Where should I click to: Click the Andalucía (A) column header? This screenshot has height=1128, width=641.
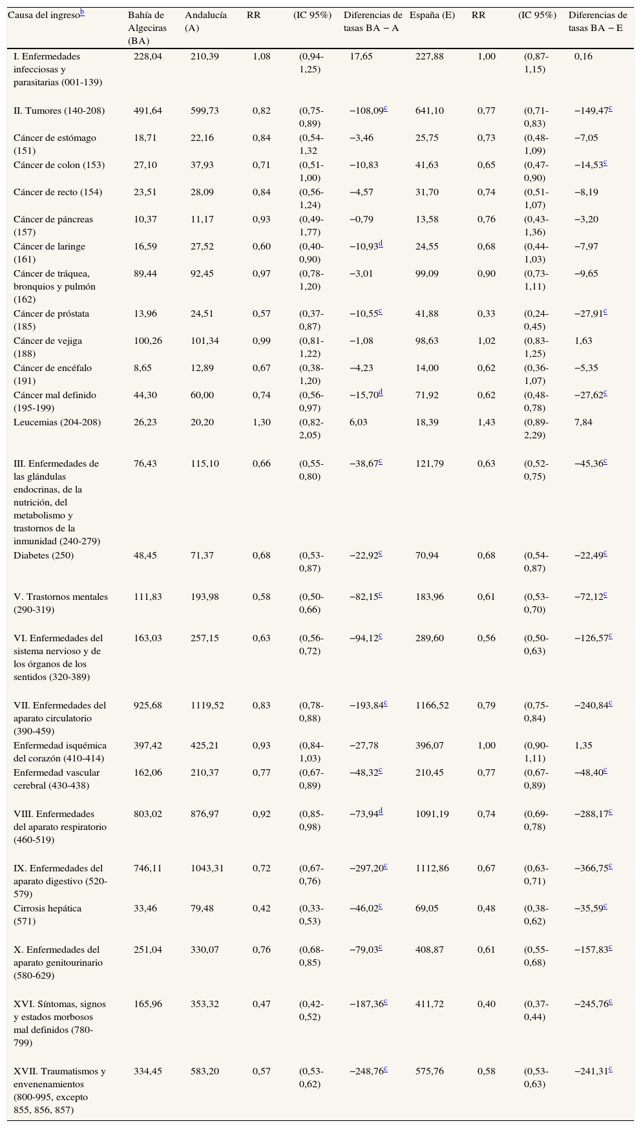(x=205, y=21)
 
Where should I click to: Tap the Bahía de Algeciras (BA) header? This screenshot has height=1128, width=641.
(x=147, y=28)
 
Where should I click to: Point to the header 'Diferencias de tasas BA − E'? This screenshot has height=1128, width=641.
(x=597, y=21)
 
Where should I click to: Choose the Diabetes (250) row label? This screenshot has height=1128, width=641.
(x=43, y=555)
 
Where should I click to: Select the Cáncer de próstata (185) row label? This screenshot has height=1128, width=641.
(x=51, y=320)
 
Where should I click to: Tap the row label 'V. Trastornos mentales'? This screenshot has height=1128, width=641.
(x=60, y=603)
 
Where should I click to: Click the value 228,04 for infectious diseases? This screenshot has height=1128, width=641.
(x=148, y=56)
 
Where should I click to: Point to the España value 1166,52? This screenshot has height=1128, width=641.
(x=432, y=705)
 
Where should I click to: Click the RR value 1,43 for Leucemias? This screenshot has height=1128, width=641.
(x=486, y=422)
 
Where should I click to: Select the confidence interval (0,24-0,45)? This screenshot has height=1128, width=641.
(x=537, y=320)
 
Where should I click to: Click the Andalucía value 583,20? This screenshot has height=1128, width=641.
(x=205, y=1071)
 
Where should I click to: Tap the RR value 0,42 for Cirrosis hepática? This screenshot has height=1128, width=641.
(x=261, y=908)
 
